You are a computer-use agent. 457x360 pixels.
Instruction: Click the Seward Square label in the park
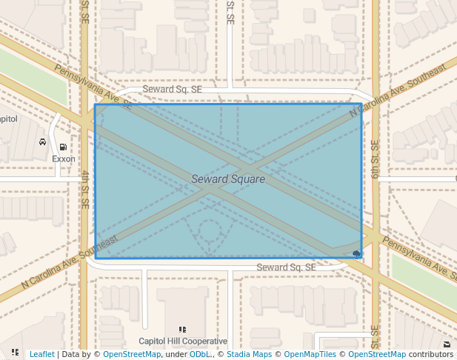click(228, 179)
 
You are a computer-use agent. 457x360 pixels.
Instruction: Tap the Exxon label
click(64, 159)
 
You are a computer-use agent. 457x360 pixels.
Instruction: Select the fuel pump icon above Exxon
click(64, 147)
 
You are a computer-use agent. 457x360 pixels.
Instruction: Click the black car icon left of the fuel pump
click(43, 141)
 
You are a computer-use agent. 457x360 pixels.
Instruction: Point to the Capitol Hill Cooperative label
click(183, 341)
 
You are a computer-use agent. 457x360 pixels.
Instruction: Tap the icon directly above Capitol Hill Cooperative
click(183, 330)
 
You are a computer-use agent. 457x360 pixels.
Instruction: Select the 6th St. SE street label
click(376, 159)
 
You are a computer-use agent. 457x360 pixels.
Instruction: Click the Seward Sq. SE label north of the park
click(172, 89)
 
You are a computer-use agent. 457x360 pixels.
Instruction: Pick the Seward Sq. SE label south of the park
click(286, 267)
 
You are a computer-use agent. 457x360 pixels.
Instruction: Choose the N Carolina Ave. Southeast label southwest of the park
click(70, 263)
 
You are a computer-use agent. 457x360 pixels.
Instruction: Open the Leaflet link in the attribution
click(41, 355)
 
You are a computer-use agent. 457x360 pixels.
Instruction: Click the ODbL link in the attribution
click(199, 355)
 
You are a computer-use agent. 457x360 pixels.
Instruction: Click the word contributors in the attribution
click(431, 355)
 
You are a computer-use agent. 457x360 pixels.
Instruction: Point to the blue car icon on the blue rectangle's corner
click(358, 255)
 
